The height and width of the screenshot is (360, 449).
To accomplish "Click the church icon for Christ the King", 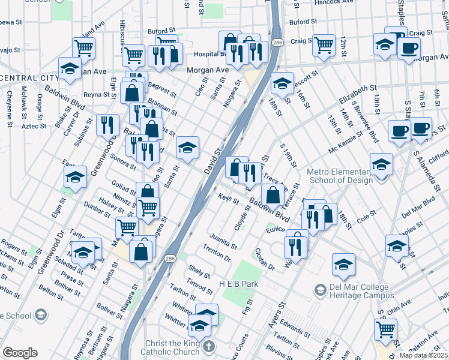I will [x=208, y=347].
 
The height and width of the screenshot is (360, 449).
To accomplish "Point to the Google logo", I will [x=19, y=353].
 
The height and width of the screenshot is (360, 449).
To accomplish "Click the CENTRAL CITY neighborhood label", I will [x=27, y=78].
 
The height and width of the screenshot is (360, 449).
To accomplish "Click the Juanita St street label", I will [x=223, y=242].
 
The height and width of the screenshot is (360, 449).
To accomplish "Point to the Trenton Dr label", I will [x=217, y=253].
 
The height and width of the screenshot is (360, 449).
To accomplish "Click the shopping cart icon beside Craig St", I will [x=324, y=44].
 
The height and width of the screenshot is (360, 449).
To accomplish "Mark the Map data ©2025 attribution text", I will [x=423, y=355].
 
